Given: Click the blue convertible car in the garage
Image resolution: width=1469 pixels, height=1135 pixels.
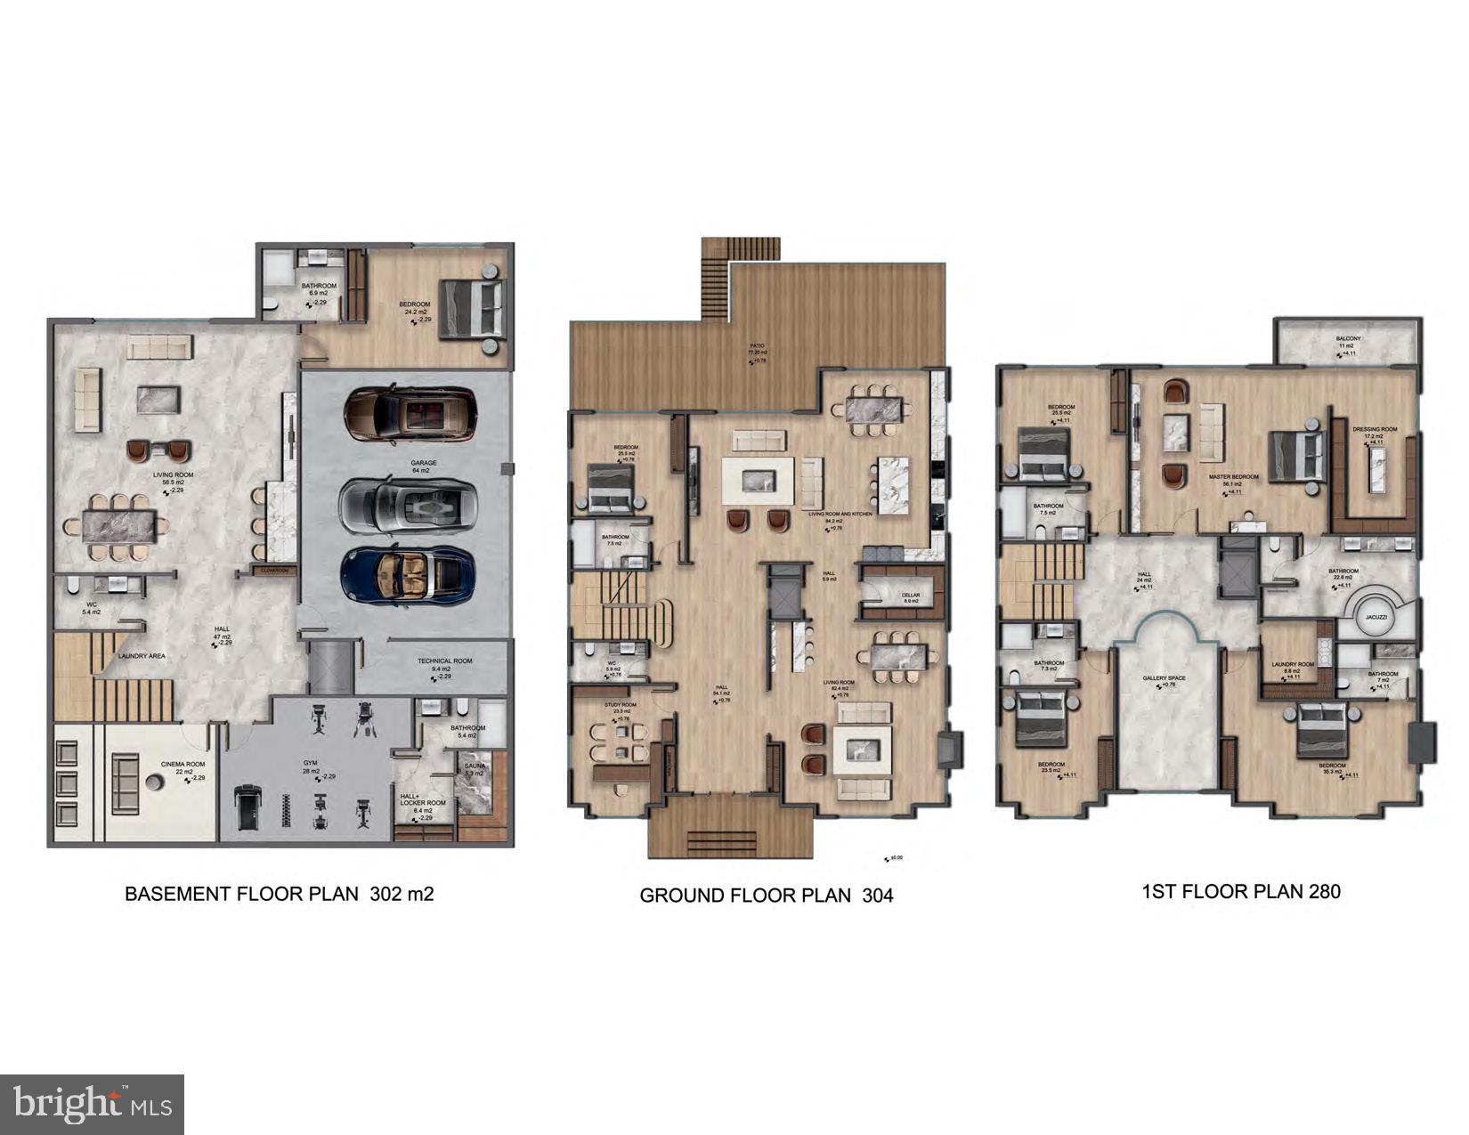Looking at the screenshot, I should pyautogui.click(x=408, y=575).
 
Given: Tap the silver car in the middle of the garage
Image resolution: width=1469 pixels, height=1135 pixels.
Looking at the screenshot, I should pyautogui.click(x=408, y=506).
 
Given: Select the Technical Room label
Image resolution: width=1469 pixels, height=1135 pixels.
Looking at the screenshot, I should pyautogui.click(x=445, y=661).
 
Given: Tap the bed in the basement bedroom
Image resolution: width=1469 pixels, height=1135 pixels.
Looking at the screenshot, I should pyautogui.click(x=472, y=309).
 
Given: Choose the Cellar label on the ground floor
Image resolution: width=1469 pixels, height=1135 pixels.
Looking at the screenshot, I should pyautogui.click(x=910, y=596).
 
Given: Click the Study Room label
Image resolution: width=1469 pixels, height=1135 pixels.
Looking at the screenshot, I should pyautogui.click(x=621, y=705).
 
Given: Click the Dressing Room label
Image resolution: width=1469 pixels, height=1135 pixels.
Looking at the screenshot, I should pyautogui.click(x=1375, y=430).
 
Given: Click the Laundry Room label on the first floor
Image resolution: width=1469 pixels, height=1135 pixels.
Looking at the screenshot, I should pyautogui.click(x=1293, y=664).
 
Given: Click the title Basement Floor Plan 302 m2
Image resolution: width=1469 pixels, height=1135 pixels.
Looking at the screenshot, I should pyautogui.click(x=279, y=894).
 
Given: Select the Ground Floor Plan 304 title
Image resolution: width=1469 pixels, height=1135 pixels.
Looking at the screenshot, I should pyautogui.click(x=766, y=896).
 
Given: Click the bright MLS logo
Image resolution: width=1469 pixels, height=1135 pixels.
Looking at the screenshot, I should pyautogui.click(x=93, y=1105).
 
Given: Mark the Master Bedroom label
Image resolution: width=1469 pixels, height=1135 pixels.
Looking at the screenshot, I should pyautogui.click(x=1233, y=477).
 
